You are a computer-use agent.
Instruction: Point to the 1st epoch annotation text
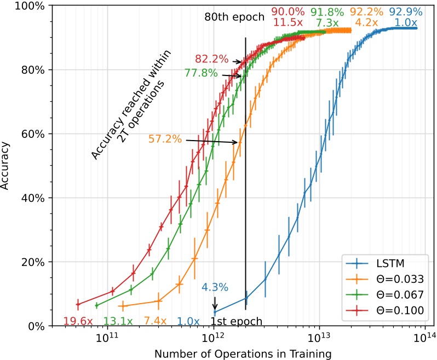pos(237,321)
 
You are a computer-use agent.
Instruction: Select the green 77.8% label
pos(201,73)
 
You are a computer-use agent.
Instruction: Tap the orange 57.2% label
pos(165,140)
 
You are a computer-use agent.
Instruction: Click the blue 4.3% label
pos(215,287)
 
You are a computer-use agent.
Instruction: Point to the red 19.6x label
pos(78,321)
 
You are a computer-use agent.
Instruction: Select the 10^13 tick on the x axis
pos(318,338)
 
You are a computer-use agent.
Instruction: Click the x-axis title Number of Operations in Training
pos(243,353)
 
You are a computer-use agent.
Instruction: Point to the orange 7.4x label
pos(156,321)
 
